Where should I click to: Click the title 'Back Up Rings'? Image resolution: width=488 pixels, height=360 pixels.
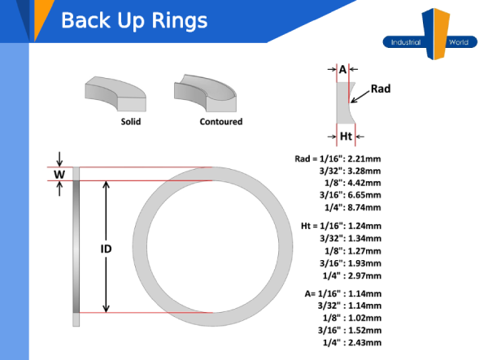click(x=133, y=20)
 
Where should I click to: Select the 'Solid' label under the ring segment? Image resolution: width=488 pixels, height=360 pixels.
click(x=130, y=122)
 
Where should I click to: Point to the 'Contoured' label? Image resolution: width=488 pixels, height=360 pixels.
click(x=220, y=122)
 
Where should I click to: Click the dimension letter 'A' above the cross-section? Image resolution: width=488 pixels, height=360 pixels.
click(x=342, y=70)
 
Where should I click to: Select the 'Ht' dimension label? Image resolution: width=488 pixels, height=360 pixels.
click(x=346, y=136)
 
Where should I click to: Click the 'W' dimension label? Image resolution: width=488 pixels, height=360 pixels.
click(x=59, y=174)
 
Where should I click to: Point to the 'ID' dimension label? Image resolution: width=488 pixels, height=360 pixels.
click(x=106, y=249)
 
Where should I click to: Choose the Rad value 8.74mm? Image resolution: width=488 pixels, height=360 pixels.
click(x=364, y=207)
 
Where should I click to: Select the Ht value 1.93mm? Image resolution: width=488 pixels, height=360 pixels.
click(x=364, y=264)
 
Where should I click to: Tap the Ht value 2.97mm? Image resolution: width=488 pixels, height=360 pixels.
click(x=364, y=277)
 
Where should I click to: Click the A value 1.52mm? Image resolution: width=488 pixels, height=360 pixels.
click(x=364, y=331)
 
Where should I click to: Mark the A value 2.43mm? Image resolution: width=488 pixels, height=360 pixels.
click(x=364, y=343)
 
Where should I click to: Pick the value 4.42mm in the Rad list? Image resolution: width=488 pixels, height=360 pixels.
click(x=364, y=183)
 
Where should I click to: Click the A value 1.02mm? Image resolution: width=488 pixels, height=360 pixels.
click(x=364, y=319)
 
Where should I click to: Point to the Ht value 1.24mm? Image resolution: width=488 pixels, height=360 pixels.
click(x=364, y=225)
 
